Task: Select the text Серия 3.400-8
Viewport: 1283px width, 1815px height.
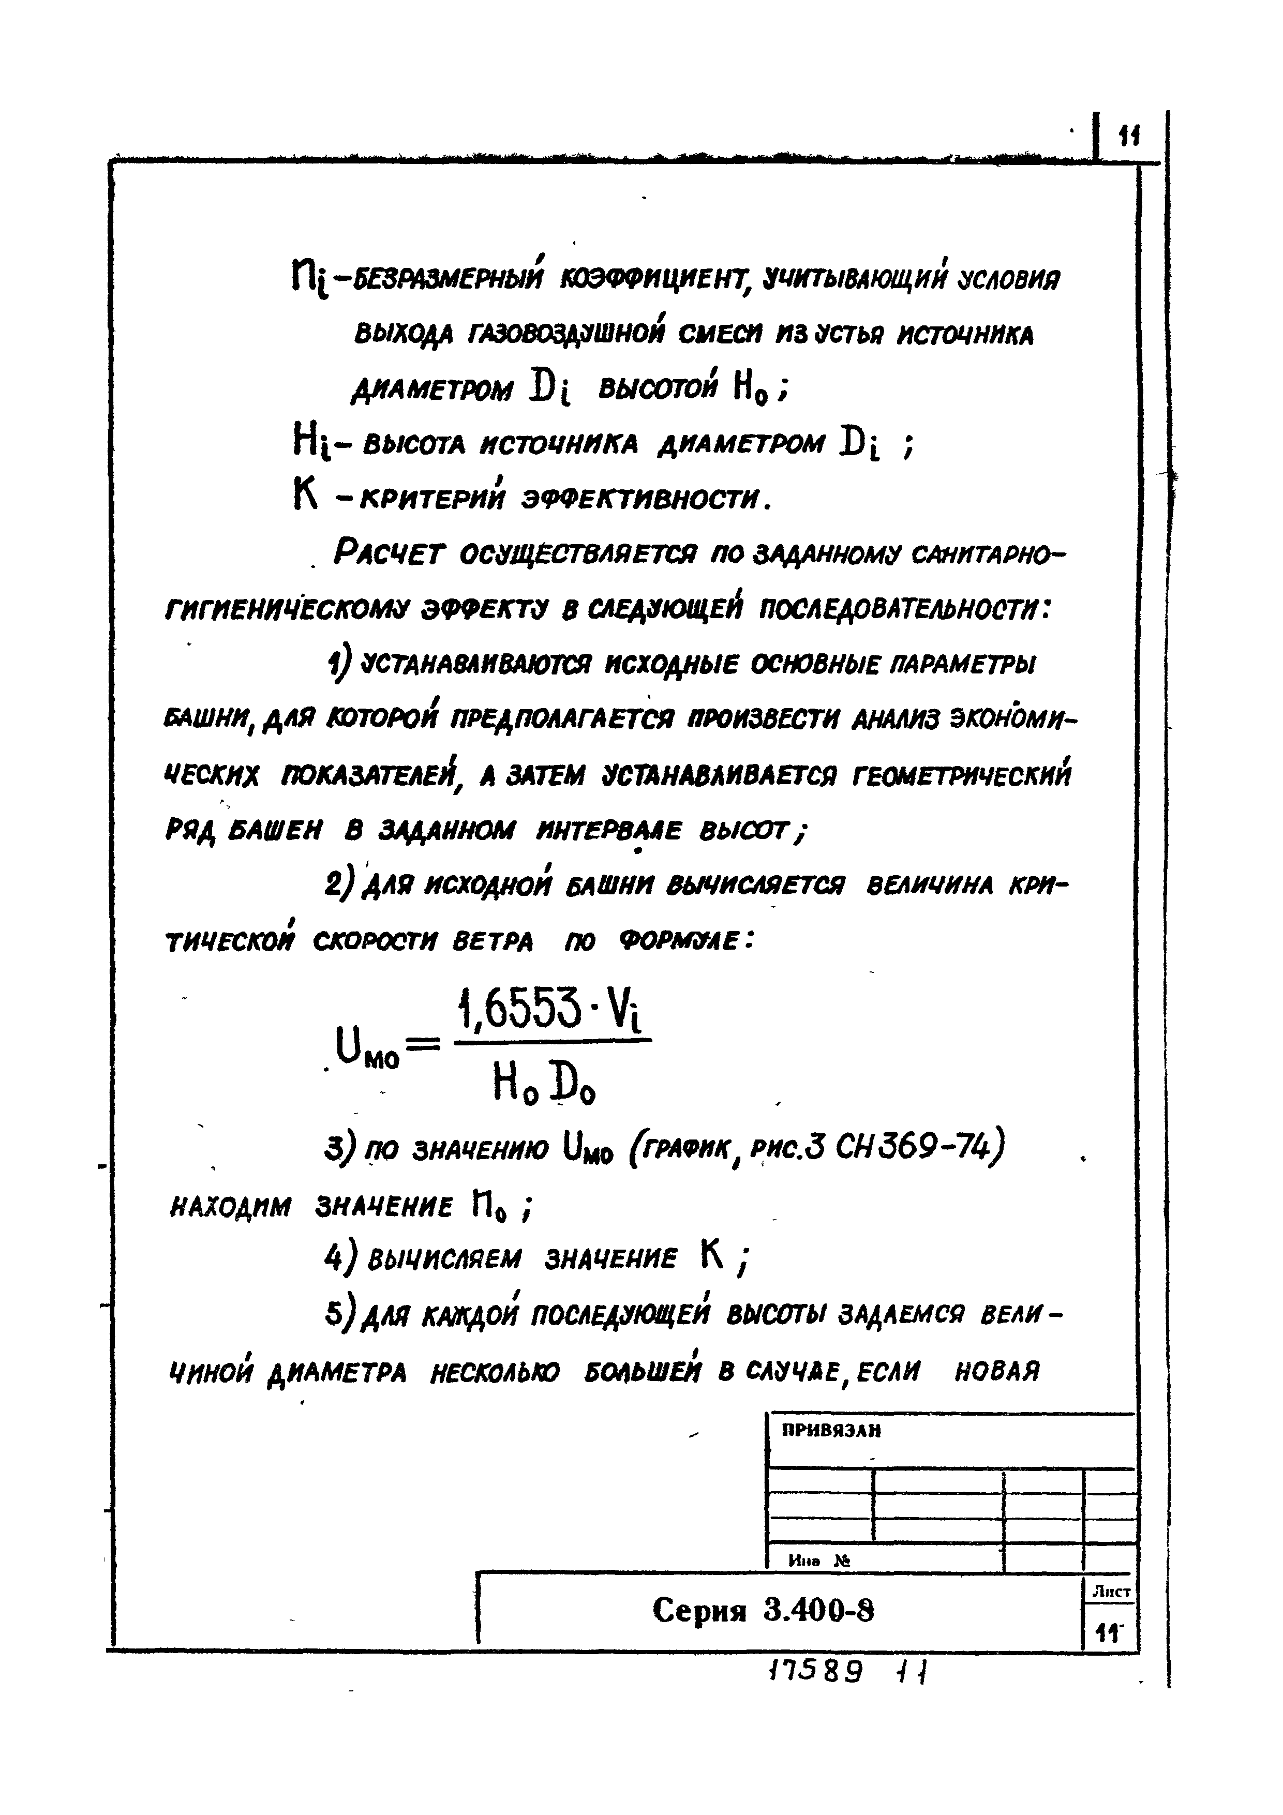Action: [764, 1610]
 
